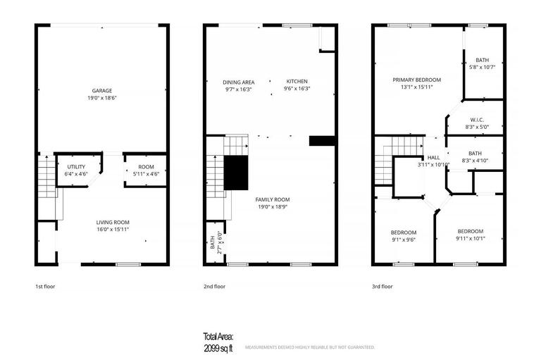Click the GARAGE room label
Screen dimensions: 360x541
(x=102, y=90)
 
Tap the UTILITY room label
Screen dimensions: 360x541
(x=76, y=166)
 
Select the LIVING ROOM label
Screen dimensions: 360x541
(x=113, y=222)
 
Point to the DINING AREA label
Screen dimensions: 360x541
(x=239, y=82)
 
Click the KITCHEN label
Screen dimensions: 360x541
(x=297, y=82)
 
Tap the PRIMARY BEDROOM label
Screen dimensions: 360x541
(x=416, y=80)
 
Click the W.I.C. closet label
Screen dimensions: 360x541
(x=475, y=120)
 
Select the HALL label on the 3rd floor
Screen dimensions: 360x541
(x=433, y=158)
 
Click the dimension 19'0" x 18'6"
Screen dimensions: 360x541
(x=102, y=97)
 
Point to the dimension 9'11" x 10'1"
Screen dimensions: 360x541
(x=470, y=238)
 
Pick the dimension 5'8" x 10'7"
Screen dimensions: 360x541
(x=482, y=68)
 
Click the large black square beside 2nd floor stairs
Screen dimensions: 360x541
(x=236, y=173)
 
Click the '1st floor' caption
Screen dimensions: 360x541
(x=45, y=287)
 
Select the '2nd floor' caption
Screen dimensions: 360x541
(x=214, y=287)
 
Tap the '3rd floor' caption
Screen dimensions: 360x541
(x=383, y=287)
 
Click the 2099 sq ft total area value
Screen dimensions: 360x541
(x=219, y=348)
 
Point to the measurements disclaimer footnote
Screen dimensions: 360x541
(x=309, y=347)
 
